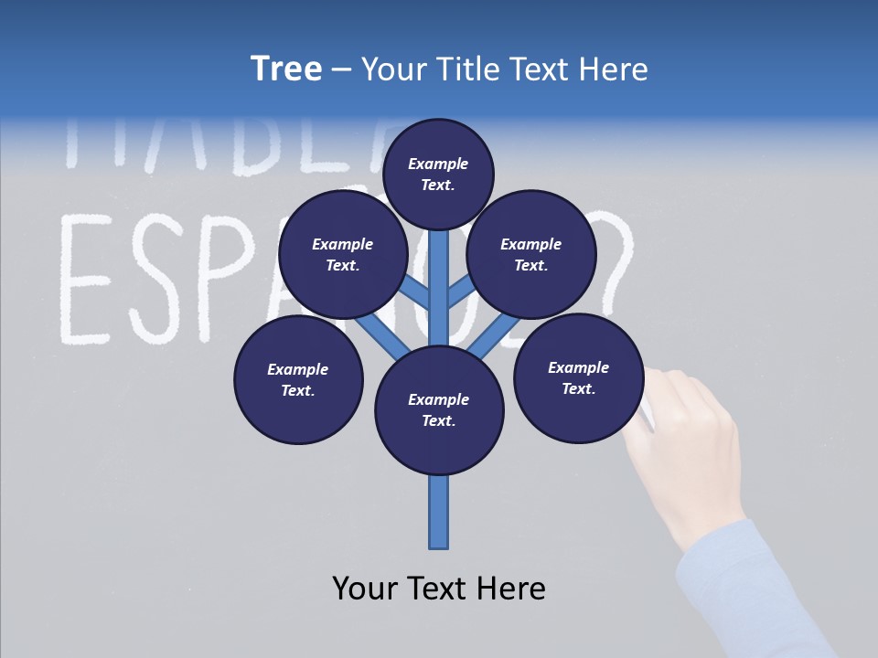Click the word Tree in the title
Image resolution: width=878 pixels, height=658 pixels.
[285, 69]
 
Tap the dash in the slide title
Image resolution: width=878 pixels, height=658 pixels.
[341, 70]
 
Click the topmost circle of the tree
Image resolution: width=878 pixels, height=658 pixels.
[438, 174]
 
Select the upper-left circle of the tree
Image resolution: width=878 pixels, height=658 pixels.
[342, 255]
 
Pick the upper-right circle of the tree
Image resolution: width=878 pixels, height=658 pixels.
[530, 255]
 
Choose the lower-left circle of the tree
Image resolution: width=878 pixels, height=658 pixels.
[297, 380]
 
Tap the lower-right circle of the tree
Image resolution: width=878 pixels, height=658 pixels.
[578, 378]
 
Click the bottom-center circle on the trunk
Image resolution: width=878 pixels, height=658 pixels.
[439, 410]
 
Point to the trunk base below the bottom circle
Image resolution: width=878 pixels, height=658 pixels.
[439, 512]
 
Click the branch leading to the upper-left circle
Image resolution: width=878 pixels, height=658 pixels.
[414, 292]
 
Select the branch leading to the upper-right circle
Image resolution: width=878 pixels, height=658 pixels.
[462, 292]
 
